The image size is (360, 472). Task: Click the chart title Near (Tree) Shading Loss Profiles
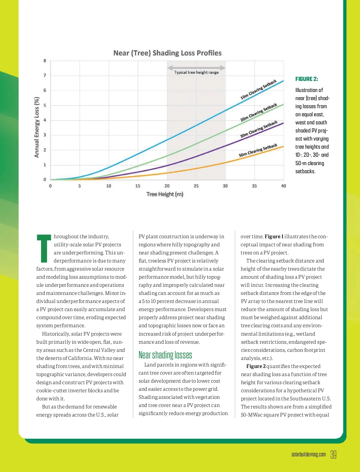[x=167, y=53]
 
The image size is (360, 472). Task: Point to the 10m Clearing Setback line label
[x=258, y=90]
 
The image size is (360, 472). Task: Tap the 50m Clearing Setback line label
[x=258, y=150]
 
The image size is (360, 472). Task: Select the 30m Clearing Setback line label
[x=259, y=129]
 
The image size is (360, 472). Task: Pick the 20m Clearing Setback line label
[x=259, y=112]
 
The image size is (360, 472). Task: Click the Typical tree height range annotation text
[x=196, y=72]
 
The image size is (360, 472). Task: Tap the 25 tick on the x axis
[x=196, y=186]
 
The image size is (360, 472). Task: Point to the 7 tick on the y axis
[x=45, y=76]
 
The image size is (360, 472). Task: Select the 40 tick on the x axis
[x=283, y=186]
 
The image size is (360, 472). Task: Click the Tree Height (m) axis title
[x=165, y=194]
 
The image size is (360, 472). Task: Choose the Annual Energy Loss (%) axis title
[x=37, y=127]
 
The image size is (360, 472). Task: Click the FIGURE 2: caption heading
[x=307, y=79]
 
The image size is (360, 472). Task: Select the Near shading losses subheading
[x=165, y=355]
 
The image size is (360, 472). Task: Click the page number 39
[x=333, y=455]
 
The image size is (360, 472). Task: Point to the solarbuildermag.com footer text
[x=308, y=455]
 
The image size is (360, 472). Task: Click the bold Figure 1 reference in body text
[x=274, y=236]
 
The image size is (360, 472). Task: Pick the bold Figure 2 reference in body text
[x=256, y=366]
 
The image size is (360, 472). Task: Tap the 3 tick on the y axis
[x=45, y=135]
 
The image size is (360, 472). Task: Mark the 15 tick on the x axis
[x=138, y=186]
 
